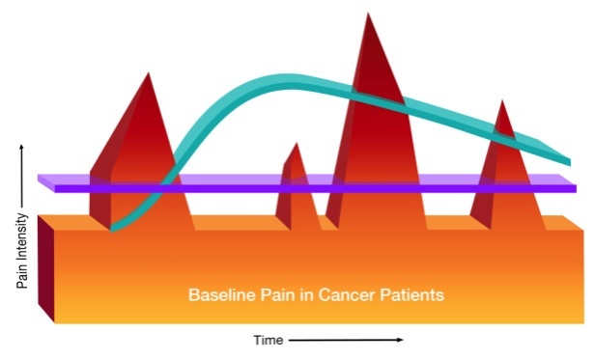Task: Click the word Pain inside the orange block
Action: (x=275, y=294)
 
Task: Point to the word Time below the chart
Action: (x=268, y=340)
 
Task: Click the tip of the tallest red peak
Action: (x=367, y=14)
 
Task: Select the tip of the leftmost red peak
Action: (x=147, y=73)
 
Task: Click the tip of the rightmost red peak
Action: (x=500, y=101)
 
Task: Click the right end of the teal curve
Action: (x=566, y=159)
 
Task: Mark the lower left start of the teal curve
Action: (x=113, y=228)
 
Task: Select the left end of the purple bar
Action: (x=42, y=181)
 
